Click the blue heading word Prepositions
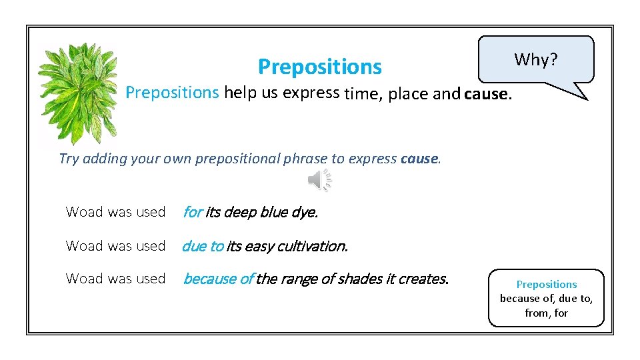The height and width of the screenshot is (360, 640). [319, 67]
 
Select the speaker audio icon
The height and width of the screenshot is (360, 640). [319, 180]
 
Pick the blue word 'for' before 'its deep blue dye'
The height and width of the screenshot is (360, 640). [192, 213]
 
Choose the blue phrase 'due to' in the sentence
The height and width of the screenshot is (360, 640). [203, 246]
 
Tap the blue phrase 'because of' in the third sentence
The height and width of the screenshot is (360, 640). [217, 279]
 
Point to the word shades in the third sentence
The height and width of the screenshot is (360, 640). [365, 279]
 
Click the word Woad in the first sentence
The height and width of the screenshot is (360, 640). [80, 212]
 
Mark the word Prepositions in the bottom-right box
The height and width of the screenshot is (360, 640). [546, 285]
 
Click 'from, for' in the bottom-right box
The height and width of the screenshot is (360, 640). [546, 313]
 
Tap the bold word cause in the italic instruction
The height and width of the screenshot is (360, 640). [419, 159]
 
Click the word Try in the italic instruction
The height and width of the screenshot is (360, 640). [68, 159]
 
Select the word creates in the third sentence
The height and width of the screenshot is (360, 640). [425, 279]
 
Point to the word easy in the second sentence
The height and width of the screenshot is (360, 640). [259, 246]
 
